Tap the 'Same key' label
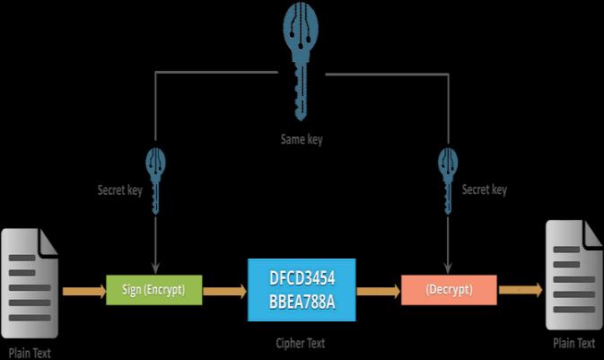pyautogui.click(x=302, y=140)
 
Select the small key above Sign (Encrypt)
pyautogui.click(x=156, y=180)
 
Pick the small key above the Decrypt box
pyautogui.click(x=447, y=180)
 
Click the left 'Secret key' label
pyautogui.click(x=119, y=190)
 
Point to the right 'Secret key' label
pyautogui.click(x=485, y=190)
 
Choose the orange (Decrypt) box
pyautogui.click(x=448, y=289)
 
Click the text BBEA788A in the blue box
pyautogui.click(x=302, y=301)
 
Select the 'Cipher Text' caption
pyautogui.click(x=301, y=343)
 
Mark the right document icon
pyautogui.click(x=574, y=275)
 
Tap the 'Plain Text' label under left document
pyautogui.click(x=30, y=353)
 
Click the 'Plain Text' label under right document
pyautogui.click(x=573, y=343)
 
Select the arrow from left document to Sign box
pyautogui.click(x=83, y=290)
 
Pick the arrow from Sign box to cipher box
pyautogui.click(x=225, y=290)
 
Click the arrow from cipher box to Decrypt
pyautogui.click(x=378, y=290)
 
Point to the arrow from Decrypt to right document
pyautogui.click(x=520, y=290)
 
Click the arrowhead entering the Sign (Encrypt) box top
pyautogui.click(x=156, y=267)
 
